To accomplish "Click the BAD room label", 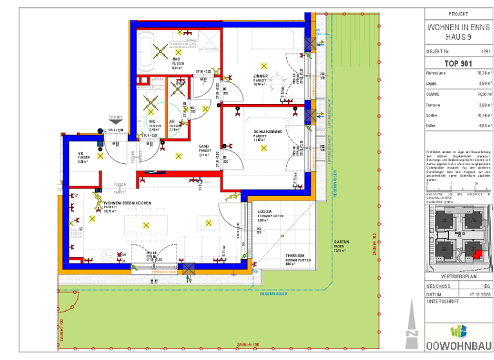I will pyautogui.click(x=175, y=59).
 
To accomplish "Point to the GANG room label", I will pyautogui.click(x=203, y=146).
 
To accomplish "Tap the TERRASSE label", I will pyautogui.click(x=295, y=256).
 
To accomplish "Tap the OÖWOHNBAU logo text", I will pyautogui.click(x=457, y=346).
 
